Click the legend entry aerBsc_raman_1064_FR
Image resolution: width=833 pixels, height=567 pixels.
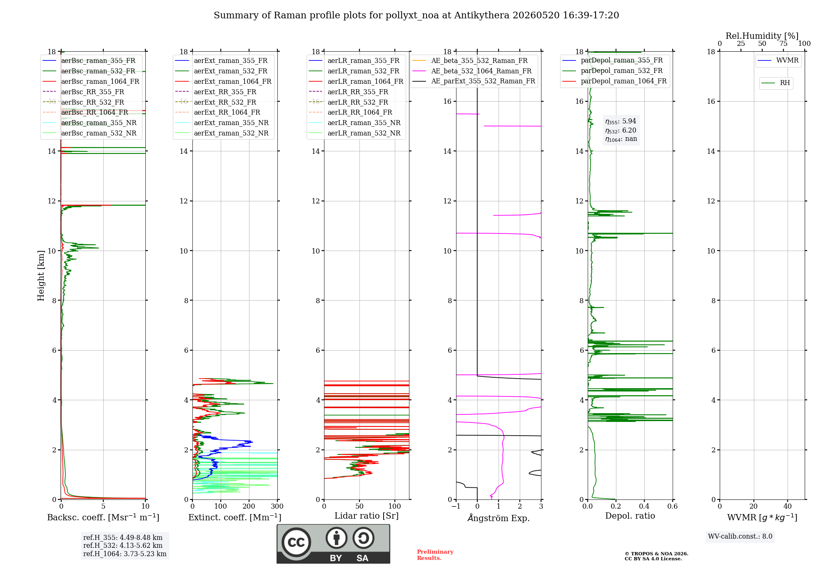(x=100, y=81)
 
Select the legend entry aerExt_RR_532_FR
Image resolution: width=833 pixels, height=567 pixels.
(x=225, y=102)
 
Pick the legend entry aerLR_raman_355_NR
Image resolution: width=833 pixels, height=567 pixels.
(x=364, y=123)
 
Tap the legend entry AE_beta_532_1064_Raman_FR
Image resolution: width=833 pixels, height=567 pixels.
(x=481, y=71)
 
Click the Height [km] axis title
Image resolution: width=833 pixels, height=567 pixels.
(x=41, y=276)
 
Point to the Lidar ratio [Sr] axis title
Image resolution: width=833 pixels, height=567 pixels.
(x=367, y=516)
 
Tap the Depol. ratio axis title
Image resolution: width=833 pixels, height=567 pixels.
(x=630, y=516)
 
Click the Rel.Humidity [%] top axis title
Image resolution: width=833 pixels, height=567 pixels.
(x=762, y=36)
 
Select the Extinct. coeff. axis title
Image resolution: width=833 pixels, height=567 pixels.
(x=235, y=517)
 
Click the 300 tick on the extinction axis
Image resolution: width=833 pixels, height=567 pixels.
(x=277, y=507)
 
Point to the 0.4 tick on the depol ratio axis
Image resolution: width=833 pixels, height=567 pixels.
(x=644, y=507)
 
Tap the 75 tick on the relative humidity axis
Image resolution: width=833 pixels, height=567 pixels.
(x=783, y=44)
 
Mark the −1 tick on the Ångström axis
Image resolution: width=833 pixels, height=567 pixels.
(x=456, y=507)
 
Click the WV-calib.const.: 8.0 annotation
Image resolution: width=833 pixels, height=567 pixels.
(x=740, y=537)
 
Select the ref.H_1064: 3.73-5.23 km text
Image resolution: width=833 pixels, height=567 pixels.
(x=125, y=554)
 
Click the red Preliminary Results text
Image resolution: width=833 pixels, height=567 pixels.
(x=435, y=555)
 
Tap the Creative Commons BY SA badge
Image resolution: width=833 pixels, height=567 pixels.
(x=334, y=544)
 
